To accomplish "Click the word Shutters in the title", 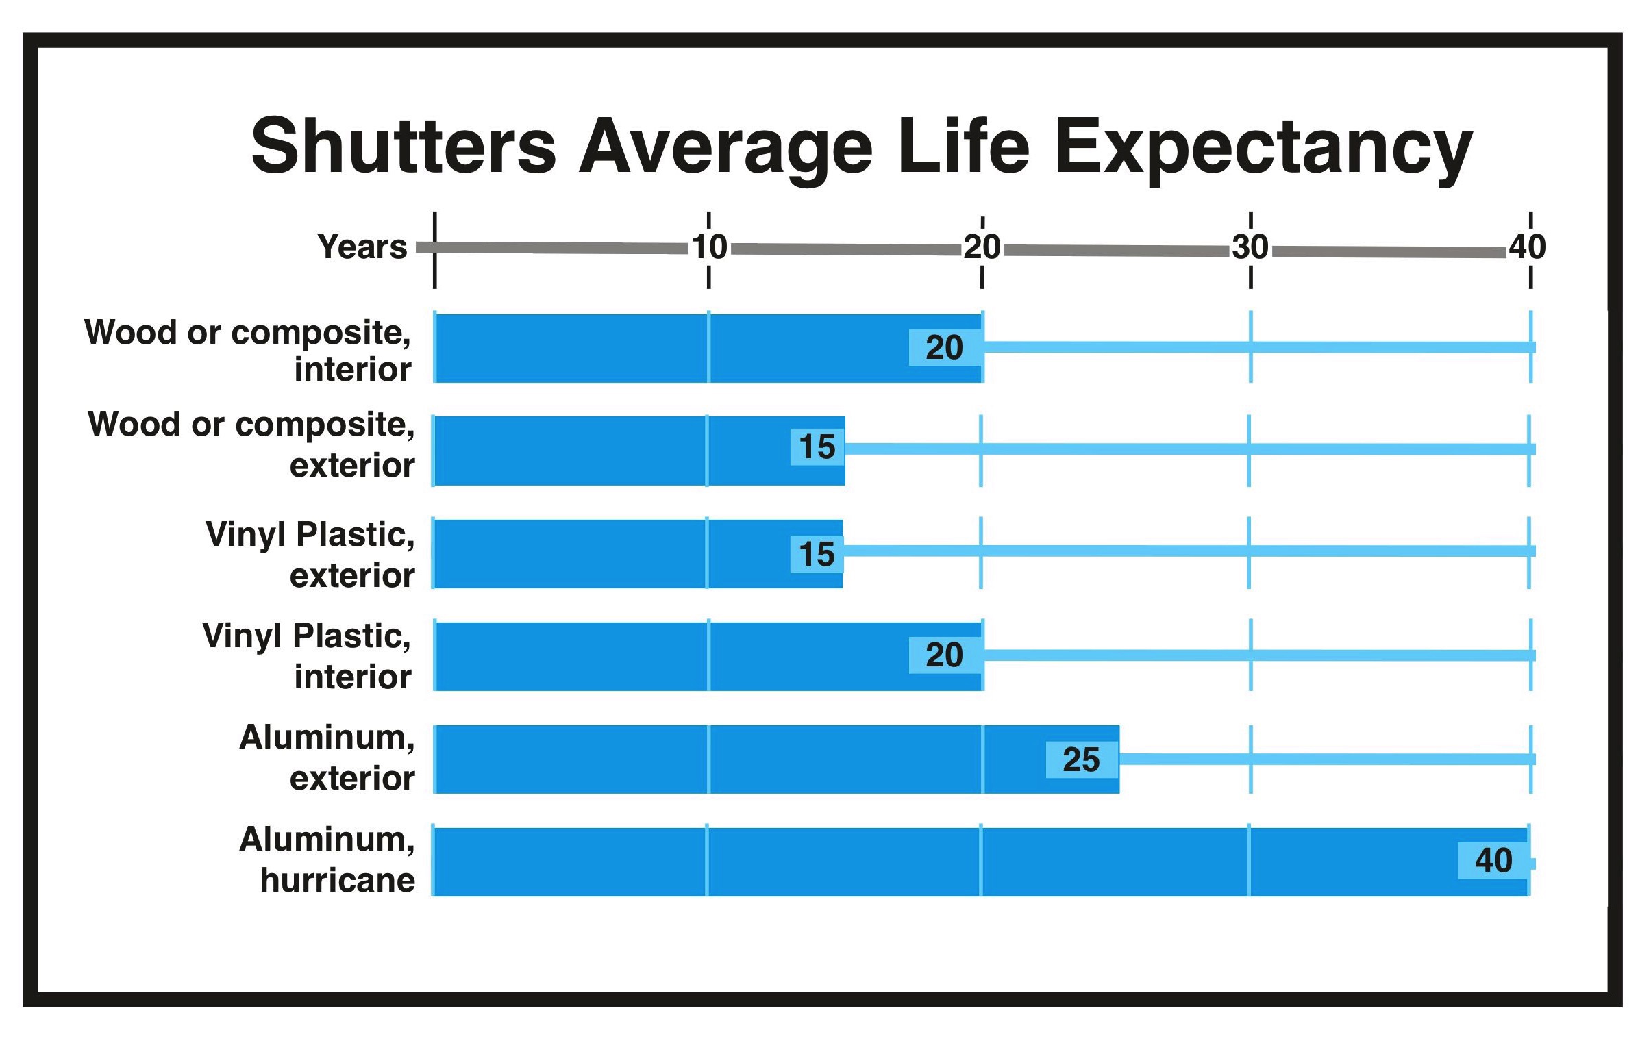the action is click(x=403, y=147).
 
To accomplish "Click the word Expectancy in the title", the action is click(x=1265, y=151).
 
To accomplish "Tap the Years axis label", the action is click(x=362, y=247).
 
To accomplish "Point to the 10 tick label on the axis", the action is click(x=709, y=247).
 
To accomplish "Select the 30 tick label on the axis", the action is click(x=1251, y=247).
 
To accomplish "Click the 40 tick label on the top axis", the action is click(x=1527, y=247).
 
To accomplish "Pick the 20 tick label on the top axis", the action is click(x=982, y=247).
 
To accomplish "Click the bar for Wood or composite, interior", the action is click(x=709, y=348).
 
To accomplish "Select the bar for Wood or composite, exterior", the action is click(x=640, y=450).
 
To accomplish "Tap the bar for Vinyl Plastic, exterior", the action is click(x=638, y=553).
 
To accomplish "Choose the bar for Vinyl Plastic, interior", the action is click(x=709, y=656).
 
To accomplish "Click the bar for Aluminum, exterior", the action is click(x=777, y=759).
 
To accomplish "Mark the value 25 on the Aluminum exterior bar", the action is click(x=1081, y=759).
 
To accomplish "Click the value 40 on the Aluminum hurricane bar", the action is click(x=1493, y=860).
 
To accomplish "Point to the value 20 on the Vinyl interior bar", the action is click(x=944, y=655).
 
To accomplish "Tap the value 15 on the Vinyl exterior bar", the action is click(x=817, y=554).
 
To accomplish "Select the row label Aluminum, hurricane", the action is click(x=327, y=859).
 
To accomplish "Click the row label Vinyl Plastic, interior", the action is click(x=307, y=656).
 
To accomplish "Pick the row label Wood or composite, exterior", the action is click(x=251, y=444).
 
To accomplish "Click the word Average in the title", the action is click(x=725, y=151).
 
